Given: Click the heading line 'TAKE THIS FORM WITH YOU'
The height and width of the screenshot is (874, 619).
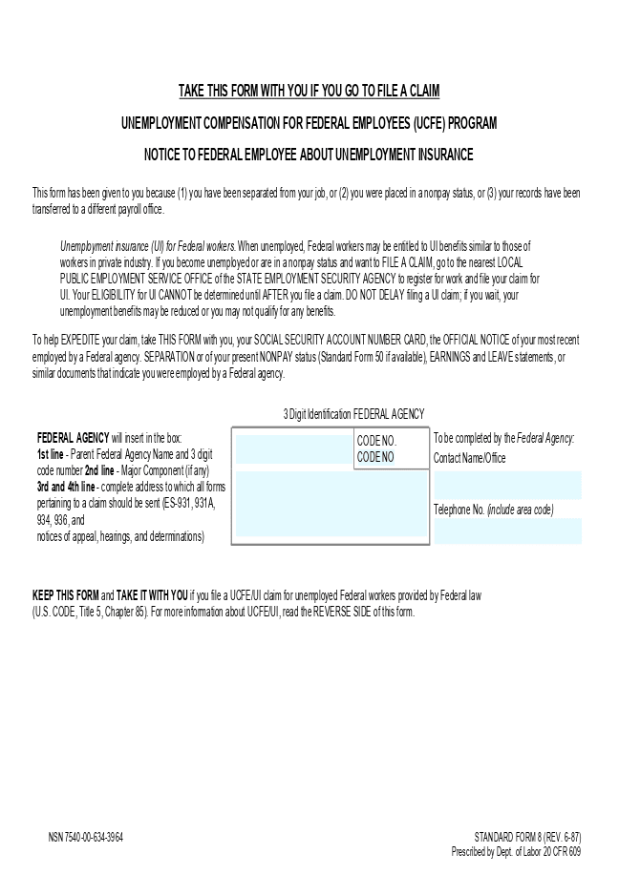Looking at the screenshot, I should tap(309, 92).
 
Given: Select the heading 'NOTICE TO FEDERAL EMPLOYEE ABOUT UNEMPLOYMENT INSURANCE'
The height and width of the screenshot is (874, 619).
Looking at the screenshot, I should tap(309, 154).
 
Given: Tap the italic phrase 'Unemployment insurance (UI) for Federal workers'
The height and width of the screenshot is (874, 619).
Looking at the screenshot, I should tap(147, 245).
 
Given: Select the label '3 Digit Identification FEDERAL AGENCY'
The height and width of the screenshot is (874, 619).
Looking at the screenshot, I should tap(353, 414).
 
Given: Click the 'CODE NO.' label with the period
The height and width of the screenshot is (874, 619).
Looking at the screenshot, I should tap(376, 441).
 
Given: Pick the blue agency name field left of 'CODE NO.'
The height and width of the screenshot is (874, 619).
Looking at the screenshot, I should tap(294, 448).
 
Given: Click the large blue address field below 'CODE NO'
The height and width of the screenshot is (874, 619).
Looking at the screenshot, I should tap(331, 504).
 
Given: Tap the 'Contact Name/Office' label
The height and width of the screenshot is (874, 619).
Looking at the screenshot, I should tap(469, 458).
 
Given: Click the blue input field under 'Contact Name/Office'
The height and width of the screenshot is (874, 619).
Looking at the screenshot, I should tap(507, 485).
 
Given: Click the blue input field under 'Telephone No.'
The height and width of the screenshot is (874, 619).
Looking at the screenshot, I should tap(507, 531).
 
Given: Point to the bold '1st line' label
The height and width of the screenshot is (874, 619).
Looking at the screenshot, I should tap(51, 454).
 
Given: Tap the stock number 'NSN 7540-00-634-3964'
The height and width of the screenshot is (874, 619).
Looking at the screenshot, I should tap(86, 837).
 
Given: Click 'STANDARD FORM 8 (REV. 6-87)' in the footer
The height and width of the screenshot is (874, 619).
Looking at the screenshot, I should tap(527, 837).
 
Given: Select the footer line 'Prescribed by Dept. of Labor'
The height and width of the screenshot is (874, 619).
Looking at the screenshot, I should tap(516, 851).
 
